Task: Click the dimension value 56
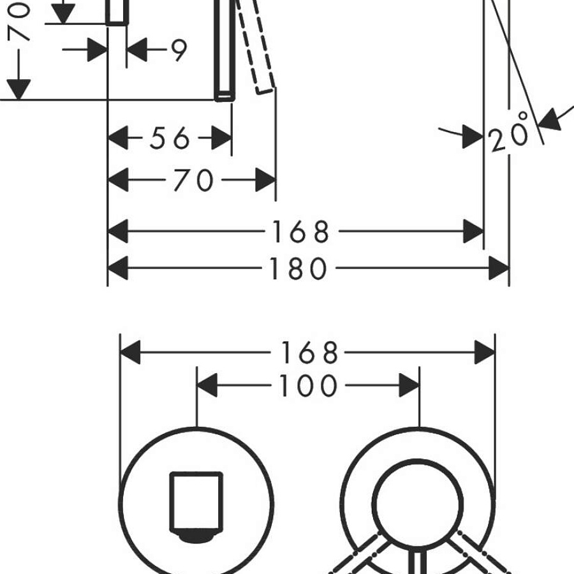pos(170,138)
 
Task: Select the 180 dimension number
pos(298,269)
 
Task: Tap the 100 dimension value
pos(307,385)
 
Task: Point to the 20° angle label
pos(509,133)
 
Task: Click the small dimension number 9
pos(179,50)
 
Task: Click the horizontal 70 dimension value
pos(193,180)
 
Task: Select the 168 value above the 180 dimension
pos(301,232)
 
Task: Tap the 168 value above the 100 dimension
pos(309,353)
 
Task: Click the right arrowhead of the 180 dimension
pos(499,269)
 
